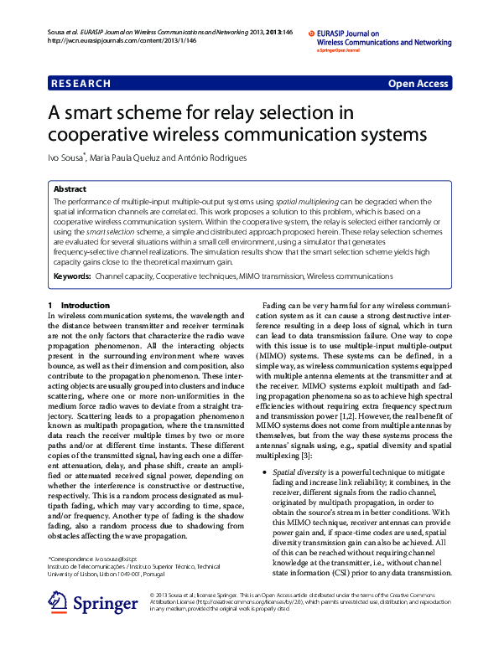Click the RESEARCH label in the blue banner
pyautogui.click(x=81, y=84)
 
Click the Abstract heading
pyautogui.click(x=70, y=190)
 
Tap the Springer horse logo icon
pyautogui.click(x=59, y=602)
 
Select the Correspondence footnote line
pyautogui.click(x=93, y=557)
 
